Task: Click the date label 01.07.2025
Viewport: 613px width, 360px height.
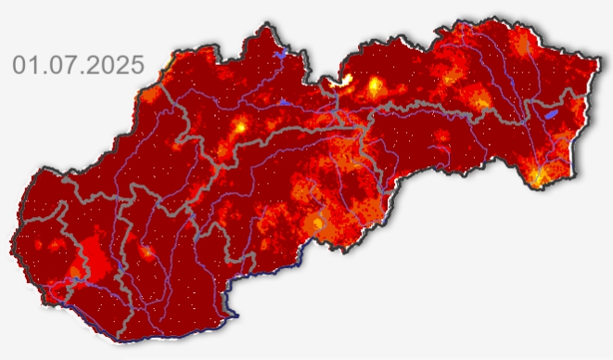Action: coord(79,65)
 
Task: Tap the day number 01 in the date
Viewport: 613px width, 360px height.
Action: coord(26,65)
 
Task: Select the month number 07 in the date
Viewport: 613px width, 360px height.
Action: coord(59,65)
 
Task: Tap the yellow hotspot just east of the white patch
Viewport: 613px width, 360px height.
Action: coord(376,87)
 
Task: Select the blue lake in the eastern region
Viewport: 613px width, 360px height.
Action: coord(551,114)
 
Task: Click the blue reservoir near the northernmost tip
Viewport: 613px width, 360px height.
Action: coord(277,55)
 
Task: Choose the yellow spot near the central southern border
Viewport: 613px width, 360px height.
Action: coord(319,223)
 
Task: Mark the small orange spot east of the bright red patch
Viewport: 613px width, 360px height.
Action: coord(146,251)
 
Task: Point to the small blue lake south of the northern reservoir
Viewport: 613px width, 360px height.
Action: coord(284,100)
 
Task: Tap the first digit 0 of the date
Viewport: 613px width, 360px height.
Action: coord(19,65)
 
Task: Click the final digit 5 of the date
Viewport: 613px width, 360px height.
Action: coord(137,65)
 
